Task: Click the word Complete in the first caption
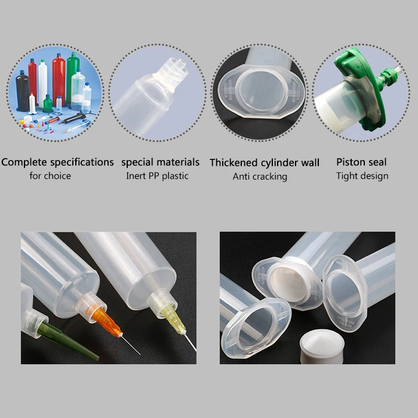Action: (24, 162)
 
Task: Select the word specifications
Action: (81, 162)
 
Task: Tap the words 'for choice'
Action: (50, 176)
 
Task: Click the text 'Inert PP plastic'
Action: (157, 176)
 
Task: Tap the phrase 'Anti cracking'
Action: (260, 176)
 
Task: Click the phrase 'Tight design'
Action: (362, 176)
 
